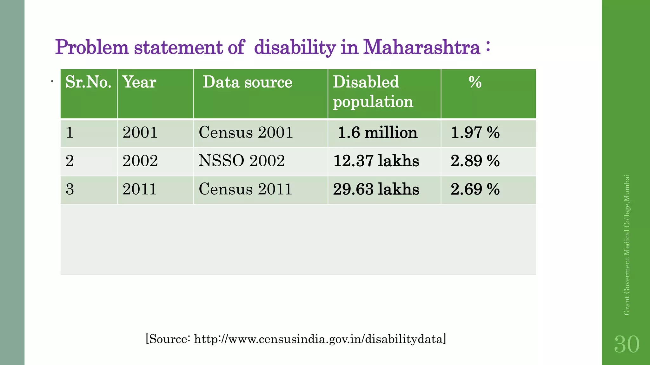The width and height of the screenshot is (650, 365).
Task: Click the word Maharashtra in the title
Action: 421,48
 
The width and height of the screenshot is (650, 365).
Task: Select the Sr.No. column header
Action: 88,82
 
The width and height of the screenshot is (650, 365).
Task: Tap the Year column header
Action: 139,82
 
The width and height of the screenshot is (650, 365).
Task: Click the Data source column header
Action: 247,82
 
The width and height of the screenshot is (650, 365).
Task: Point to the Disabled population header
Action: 373,92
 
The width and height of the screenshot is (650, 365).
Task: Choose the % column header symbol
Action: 475,82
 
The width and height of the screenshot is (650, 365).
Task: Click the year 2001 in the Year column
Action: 140,132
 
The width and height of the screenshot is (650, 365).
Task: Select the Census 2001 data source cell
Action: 246,132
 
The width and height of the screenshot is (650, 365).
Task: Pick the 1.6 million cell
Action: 378,132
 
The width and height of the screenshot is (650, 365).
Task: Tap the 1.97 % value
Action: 475,132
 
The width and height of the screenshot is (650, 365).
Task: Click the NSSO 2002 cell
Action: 242,161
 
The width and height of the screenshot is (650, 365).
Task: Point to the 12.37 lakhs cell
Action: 376,161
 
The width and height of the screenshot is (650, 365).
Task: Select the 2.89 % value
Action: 475,161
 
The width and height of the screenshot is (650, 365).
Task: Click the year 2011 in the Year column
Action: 140,189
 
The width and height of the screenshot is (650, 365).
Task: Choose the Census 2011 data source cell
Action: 245,189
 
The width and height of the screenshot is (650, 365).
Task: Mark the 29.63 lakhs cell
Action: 376,189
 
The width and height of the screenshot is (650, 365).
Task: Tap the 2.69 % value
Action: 475,189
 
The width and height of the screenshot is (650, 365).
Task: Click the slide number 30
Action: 627,344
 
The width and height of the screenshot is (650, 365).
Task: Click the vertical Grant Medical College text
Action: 627,245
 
